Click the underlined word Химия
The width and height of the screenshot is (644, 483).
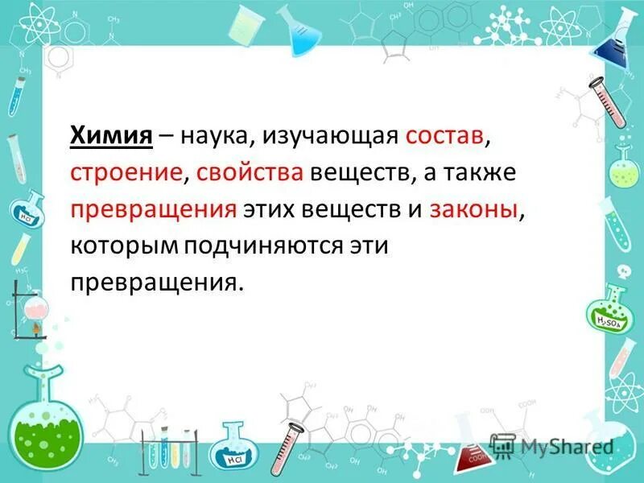point(112,137)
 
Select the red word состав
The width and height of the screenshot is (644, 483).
point(445,137)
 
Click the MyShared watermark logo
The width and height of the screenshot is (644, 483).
point(553,445)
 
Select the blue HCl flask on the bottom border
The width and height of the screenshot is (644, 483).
point(236,448)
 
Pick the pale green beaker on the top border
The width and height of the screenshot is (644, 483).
point(242,29)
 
